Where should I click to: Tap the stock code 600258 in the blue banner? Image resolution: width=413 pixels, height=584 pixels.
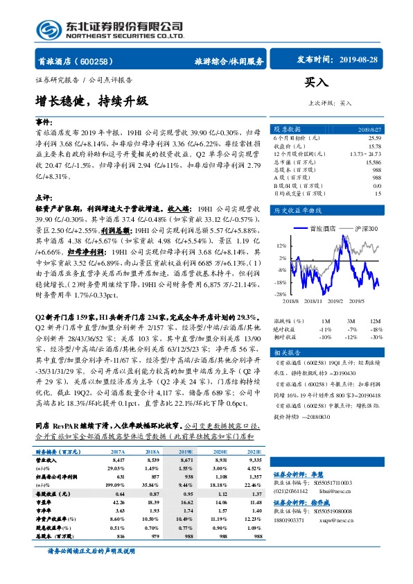click(x=103, y=61)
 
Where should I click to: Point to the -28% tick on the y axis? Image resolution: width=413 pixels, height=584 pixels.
click(x=281, y=294)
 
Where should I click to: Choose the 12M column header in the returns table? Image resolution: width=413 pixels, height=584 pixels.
click(x=376, y=321)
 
